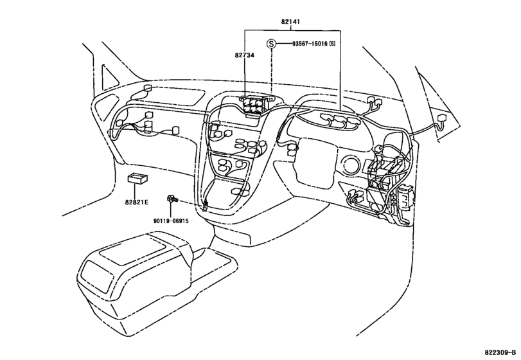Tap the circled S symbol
click(272, 44)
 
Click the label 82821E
click(136, 202)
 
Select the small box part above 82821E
click(137, 179)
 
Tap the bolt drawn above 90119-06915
click(172, 199)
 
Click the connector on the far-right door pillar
click(443, 119)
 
